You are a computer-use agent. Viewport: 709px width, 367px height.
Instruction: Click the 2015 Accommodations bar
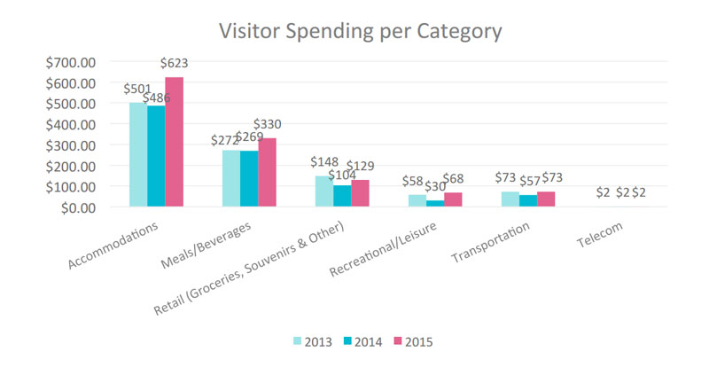click(175, 142)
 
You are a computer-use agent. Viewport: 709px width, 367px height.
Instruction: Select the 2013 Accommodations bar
click(138, 155)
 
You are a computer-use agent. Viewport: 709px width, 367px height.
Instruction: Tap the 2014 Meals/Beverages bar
click(250, 179)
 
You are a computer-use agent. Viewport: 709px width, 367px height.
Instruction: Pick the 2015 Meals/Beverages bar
click(268, 173)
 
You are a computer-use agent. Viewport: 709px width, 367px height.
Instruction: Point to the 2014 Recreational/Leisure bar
click(436, 204)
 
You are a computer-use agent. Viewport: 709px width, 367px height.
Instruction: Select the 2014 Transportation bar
click(528, 201)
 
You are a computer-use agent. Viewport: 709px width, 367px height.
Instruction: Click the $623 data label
click(174, 64)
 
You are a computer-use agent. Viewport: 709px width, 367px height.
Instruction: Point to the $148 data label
click(325, 163)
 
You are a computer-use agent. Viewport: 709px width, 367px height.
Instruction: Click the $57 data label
click(528, 181)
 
